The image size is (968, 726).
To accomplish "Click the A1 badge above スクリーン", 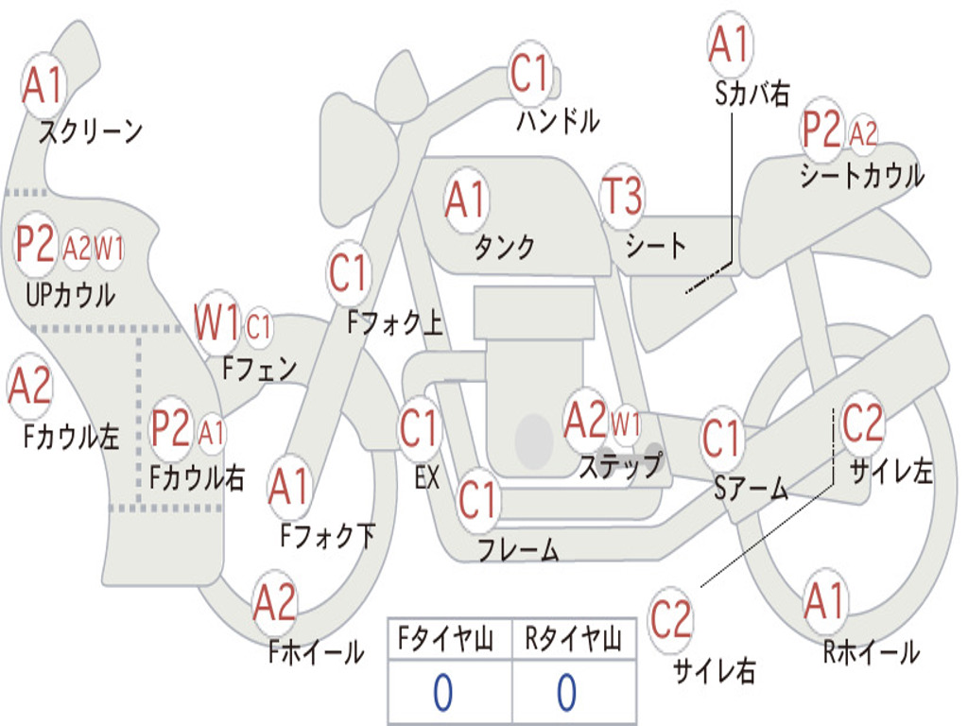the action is (x=43, y=86).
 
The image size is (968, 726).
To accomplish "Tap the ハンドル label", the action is (x=558, y=120).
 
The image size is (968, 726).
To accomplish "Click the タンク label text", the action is (x=504, y=247).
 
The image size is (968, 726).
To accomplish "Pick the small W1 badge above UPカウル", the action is (x=109, y=250).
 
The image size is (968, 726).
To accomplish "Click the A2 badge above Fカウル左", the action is (x=29, y=387).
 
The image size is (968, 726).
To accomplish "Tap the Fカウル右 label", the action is (x=198, y=477).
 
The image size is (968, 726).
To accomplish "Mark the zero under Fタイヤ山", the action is (x=442, y=693).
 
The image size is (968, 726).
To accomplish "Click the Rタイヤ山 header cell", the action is (x=573, y=641).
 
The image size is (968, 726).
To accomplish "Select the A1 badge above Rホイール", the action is (x=824, y=601).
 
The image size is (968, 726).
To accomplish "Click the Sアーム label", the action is (x=751, y=488).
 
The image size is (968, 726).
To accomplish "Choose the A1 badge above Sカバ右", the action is (x=729, y=44).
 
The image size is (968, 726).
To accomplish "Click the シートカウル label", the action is (x=861, y=176).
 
